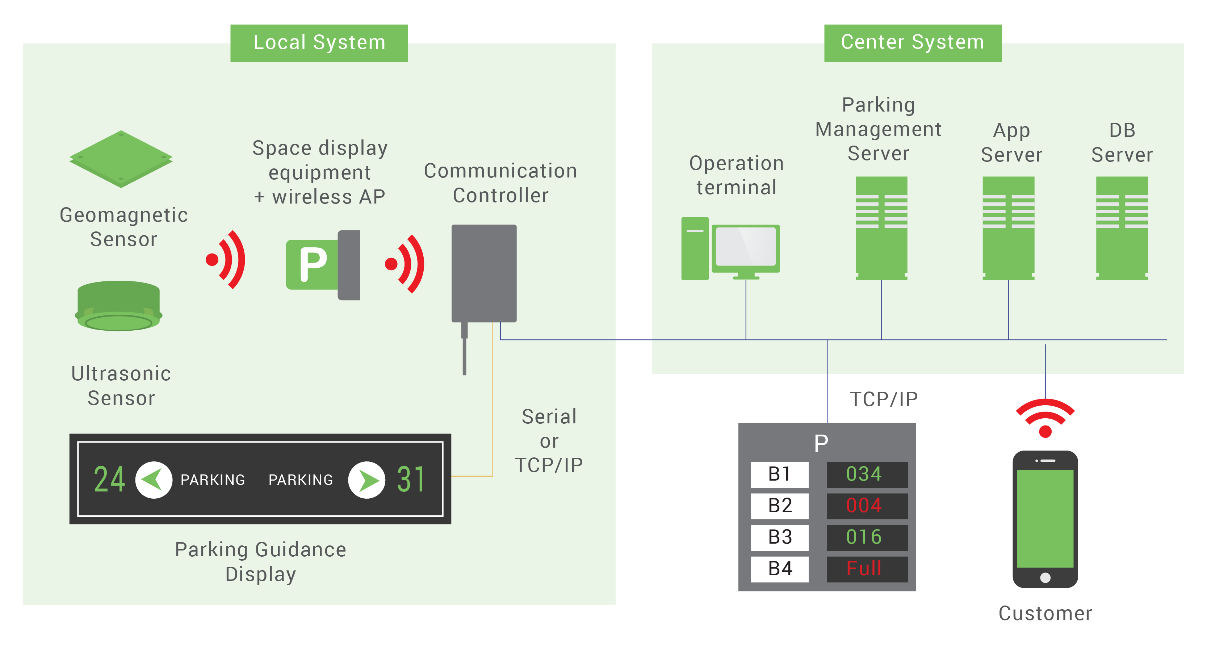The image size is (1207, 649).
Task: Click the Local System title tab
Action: click(319, 42)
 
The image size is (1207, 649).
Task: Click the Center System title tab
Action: click(912, 42)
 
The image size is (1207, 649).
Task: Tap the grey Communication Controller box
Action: click(483, 273)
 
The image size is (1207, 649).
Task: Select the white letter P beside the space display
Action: click(313, 264)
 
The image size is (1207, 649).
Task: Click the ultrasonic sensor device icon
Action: click(118, 305)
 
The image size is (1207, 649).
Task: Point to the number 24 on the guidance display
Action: click(110, 480)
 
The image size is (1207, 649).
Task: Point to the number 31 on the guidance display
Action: click(411, 480)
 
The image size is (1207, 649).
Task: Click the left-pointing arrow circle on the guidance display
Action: click(154, 480)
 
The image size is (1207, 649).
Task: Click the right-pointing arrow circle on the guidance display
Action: click(366, 480)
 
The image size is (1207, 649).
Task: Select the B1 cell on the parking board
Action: click(780, 474)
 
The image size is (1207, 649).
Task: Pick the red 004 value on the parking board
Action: click(867, 506)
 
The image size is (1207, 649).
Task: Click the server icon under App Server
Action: click(1008, 212)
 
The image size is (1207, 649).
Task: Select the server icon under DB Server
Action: click(1122, 212)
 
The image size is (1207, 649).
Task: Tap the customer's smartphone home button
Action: click(1045, 578)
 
